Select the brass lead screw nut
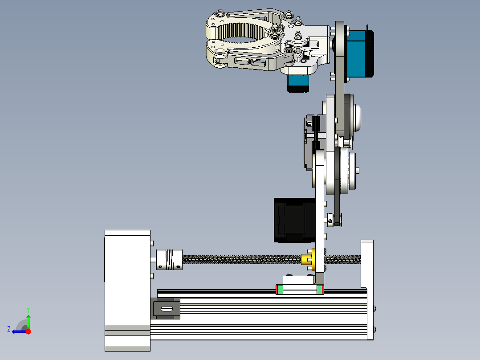click(307, 259)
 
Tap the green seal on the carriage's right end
click(321, 290)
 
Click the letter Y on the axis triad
click(28, 309)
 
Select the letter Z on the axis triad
click(9, 329)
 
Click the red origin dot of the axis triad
click(28, 331)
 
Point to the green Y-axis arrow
click(28, 321)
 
